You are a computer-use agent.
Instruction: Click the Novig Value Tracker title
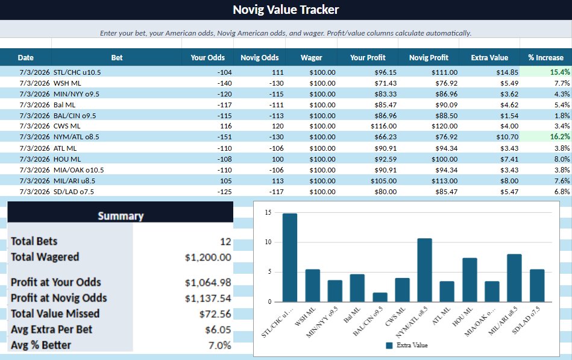coord(286,10)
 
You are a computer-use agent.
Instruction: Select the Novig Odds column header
coord(259,58)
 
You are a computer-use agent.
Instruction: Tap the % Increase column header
coord(545,58)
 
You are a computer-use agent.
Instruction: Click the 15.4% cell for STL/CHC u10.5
coord(559,72)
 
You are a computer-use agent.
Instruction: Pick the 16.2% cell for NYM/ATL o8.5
coord(559,136)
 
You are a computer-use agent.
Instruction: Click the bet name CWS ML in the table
coord(67,126)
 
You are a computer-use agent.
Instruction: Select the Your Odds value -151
coord(224,137)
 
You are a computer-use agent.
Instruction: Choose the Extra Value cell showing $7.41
coord(509,159)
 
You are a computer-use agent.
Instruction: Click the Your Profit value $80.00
coord(386,192)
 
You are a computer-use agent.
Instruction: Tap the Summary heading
coord(121,216)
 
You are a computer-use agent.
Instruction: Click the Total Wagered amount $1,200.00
coord(208,257)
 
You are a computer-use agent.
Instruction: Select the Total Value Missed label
coord(55,314)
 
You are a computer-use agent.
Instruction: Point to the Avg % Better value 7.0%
coord(219,345)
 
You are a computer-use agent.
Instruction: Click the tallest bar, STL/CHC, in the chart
coord(290,257)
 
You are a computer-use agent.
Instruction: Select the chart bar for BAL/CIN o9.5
coord(380,297)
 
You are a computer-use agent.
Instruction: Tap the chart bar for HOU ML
coord(470,280)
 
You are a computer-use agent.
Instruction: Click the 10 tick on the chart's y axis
coord(268,242)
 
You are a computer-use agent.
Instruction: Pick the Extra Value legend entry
coord(407,345)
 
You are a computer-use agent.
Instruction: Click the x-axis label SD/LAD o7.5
coord(526,320)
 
